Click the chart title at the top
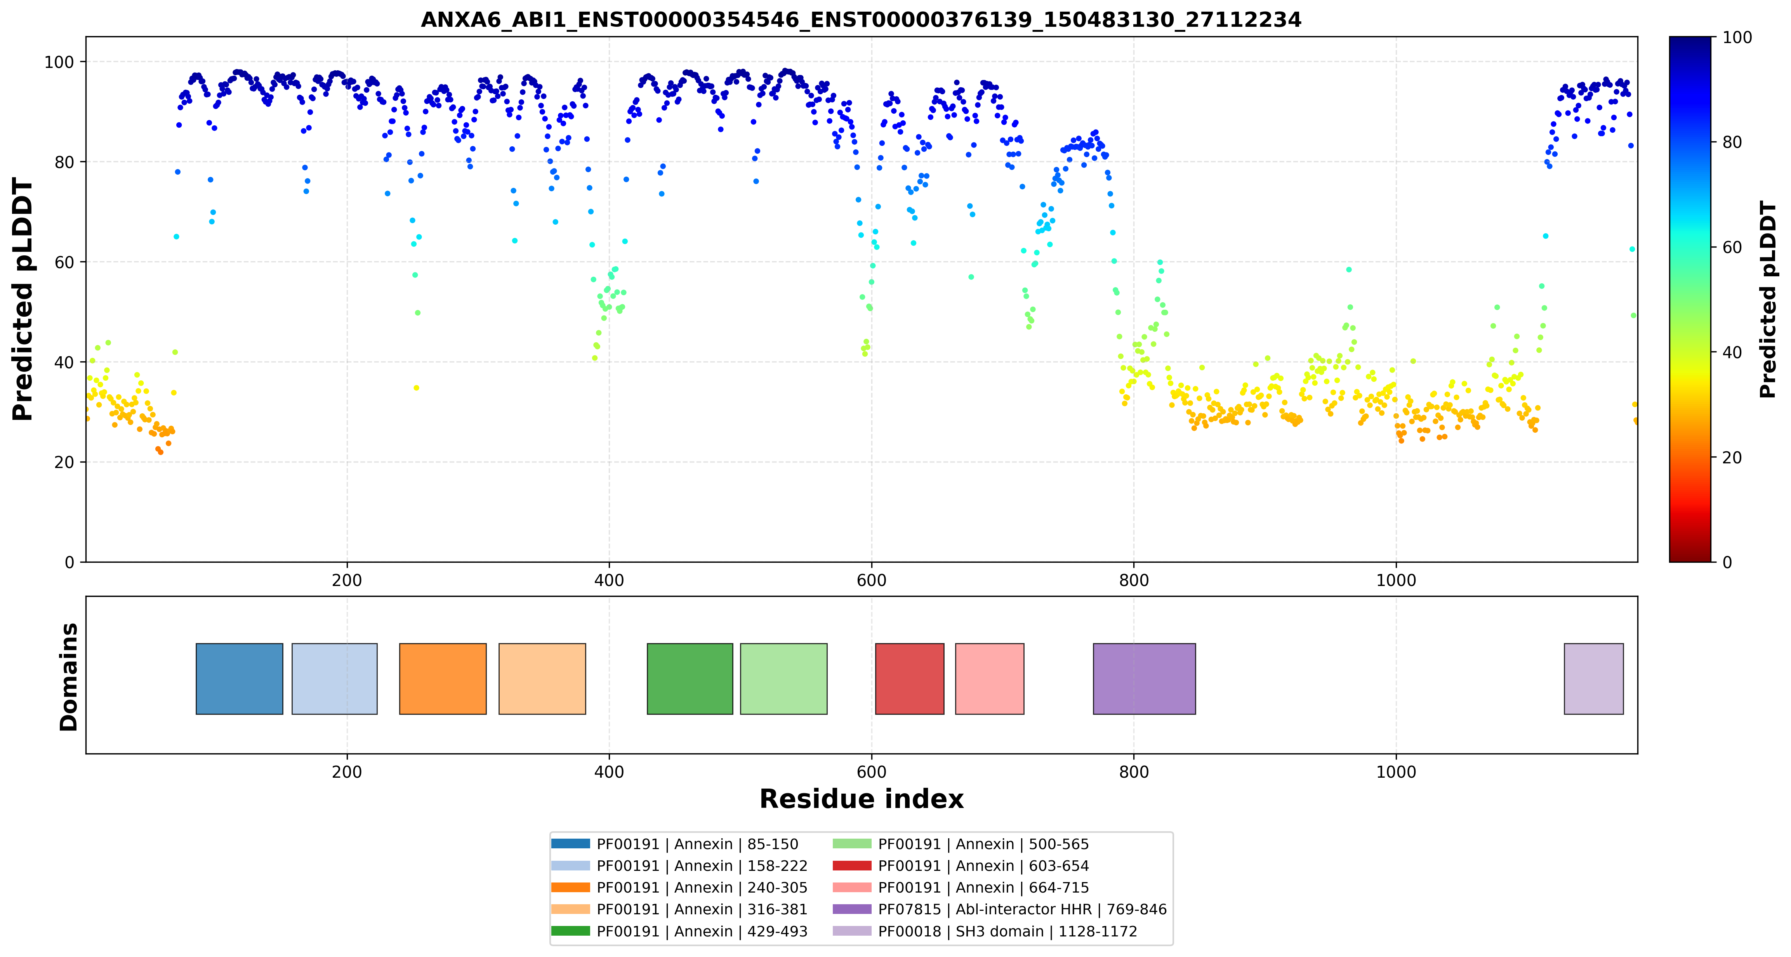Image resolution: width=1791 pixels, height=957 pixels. (x=861, y=19)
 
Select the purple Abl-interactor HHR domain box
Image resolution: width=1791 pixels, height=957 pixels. (x=1145, y=678)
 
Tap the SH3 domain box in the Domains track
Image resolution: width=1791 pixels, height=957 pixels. (x=1593, y=678)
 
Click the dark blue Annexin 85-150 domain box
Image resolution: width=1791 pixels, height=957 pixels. (x=239, y=678)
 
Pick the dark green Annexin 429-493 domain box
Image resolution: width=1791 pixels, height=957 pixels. (x=690, y=678)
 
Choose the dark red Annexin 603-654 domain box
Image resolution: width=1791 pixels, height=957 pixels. (x=909, y=678)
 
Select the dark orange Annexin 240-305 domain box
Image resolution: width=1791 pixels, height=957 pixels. (x=443, y=678)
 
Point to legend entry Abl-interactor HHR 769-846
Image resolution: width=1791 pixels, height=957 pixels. (x=999, y=909)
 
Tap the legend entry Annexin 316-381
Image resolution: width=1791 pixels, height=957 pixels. (x=679, y=909)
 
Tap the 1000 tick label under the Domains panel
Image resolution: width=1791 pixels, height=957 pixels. (x=1396, y=772)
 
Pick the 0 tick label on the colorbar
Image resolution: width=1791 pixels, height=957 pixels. (x=1727, y=562)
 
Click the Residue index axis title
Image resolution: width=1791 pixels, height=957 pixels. (x=862, y=799)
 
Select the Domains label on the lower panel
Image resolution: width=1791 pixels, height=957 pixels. (x=69, y=677)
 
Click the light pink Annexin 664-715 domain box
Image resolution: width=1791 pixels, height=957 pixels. (x=989, y=678)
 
